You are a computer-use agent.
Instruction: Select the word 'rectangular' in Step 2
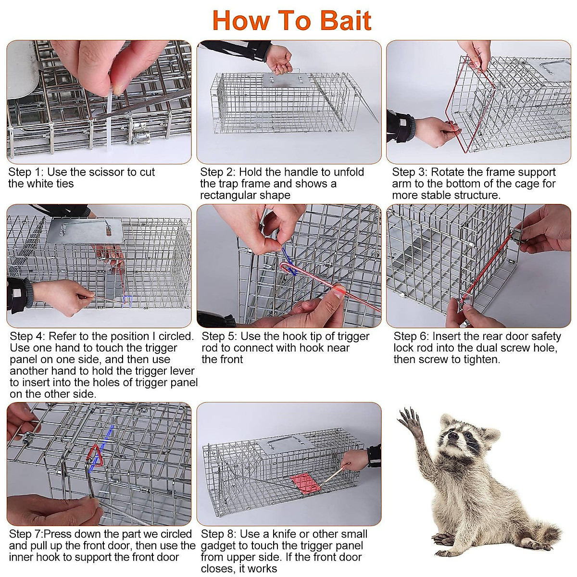pos(228,195)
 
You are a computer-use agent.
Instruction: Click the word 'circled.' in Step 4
pos(176,336)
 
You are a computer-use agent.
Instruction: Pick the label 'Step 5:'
pos(219,336)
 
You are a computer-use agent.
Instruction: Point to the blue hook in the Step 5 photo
pos(288,261)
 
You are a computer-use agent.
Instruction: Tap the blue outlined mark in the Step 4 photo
pos(127,301)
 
